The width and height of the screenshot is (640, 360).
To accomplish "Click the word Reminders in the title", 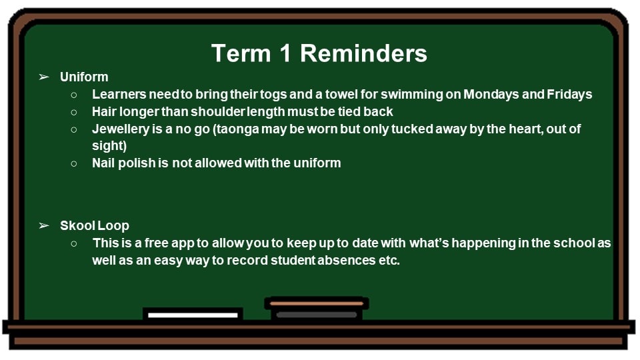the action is pyautogui.click(x=363, y=53).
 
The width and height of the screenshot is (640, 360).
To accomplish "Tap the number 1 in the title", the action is pyautogui.click(x=285, y=53).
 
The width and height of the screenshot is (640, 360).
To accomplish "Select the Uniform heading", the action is pyautogui.click(x=84, y=77).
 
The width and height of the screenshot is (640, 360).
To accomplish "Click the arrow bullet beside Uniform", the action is pyautogui.click(x=44, y=77).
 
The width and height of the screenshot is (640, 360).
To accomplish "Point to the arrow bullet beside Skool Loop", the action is pyautogui.click(x=44, y=225).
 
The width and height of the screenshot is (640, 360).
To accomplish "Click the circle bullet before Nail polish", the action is pyautogui.click(x=74, y=164).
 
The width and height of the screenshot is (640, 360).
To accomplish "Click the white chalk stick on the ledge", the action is pyautogui.click(x=193, y=315).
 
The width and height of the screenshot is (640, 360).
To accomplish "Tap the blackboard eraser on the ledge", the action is pyautogui.click(x=316, y=309).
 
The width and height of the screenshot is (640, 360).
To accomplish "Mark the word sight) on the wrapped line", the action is pyautogui.click(x=109, y=146).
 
